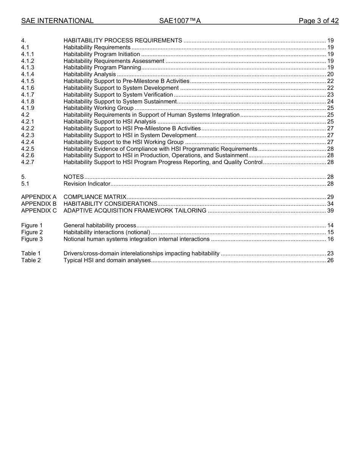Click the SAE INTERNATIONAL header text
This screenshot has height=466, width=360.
click(57, 21)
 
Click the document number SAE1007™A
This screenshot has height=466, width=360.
click(180, 21)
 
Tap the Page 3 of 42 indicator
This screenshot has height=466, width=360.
click(318, 21)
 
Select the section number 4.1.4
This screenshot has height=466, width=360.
click(28, 75)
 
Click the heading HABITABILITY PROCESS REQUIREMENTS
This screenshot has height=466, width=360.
click(123, 41)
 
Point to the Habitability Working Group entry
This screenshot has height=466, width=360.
click(99, 108)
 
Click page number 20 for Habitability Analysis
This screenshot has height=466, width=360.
click(330, 75)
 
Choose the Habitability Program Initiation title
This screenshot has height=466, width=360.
click(102, 55)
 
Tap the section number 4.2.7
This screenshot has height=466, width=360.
click(28, 163)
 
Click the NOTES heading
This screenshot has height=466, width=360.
click(74, 177)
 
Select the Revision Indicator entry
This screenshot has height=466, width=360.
click(87, 184)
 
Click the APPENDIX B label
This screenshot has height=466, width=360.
click(39, 204)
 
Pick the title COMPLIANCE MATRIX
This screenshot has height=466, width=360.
click(95, 197)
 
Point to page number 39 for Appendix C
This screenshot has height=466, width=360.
click(330, 211)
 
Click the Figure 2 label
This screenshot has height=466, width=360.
click(32, 233)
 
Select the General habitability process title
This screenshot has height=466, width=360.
click(100, 226)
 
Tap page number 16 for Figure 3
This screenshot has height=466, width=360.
click(330, 239)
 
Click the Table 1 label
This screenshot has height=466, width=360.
click(31, 254)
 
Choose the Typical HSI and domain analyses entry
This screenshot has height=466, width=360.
click(107, 261)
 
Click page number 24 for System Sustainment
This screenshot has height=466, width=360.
click(330, 102)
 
